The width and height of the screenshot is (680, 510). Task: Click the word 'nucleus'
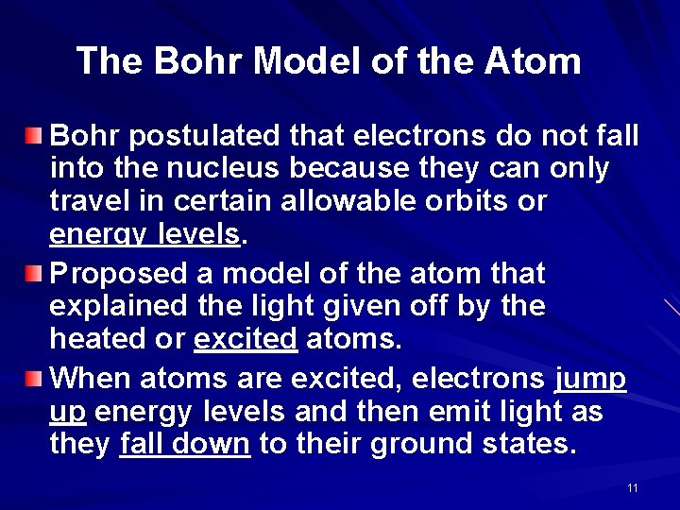pyautogui.click(x=233, y=170)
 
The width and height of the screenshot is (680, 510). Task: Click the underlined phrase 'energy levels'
pyautogui.click(x=144, y=235)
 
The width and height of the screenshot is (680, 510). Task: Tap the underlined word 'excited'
pyautogui.click(x=246, y=339)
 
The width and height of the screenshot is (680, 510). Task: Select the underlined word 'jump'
pyautogui.click(x=589, y=380)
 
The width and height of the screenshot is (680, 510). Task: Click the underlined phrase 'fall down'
pyautogui.click(x=185, y=444)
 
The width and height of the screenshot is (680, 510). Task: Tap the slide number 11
pyautogui.click(x=632, y=488)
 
